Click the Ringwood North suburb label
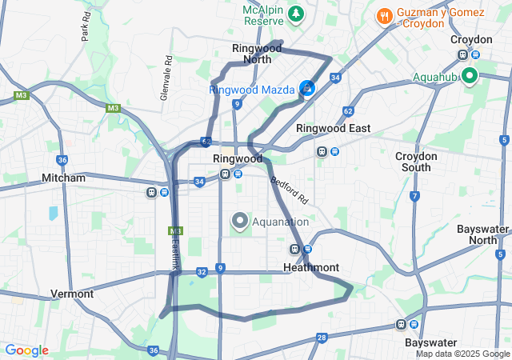click(x=257, y=54)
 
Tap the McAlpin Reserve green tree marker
click(x=297, y=14)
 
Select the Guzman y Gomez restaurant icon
click(x=384, y=15)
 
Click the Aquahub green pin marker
click(x=468, y=76)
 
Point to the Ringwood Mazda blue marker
click(x=307, y=88)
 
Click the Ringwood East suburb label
click(x=333, y=128)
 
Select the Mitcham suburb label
click(x=63, y=178)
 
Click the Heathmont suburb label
click(x=311, y=267)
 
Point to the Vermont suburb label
click(x=72, y=294)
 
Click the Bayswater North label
click(x=482, y=234)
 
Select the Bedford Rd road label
click(x=289, y=190)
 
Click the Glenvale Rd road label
click(x=166, y=77)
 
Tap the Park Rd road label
click(x=85, y=30)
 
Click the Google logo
click(x=26, y=350)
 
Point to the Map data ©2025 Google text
click(x=462, y=354)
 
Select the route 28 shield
click(x=321, y=338)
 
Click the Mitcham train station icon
click(x=152, y=192)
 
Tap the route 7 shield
click(x=414, y=196)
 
